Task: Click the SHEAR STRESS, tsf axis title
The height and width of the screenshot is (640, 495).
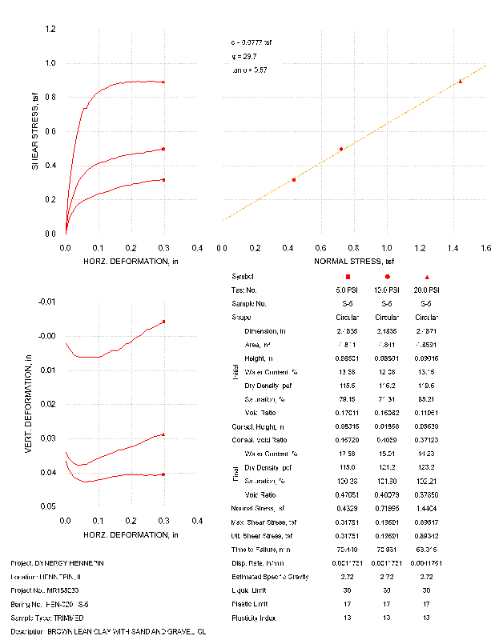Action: (x=34, y=133)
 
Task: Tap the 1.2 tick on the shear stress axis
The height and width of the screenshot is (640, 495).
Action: (x=50, y=30)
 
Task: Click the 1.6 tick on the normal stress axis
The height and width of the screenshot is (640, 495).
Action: (x=485, y=249)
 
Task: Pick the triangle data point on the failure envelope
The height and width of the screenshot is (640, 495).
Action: (x=461, y=81)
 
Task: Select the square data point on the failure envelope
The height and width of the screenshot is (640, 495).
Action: (x=294, y=180)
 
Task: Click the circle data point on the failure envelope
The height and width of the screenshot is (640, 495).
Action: (x=341, y=149)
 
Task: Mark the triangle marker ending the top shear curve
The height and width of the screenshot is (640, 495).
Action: (x=163, y=82)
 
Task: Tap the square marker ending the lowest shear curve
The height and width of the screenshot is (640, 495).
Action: (x=163, y=180)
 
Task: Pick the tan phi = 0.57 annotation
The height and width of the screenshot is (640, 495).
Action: (x=247, y=70)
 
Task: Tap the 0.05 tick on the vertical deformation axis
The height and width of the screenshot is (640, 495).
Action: (x=47, y=507)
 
